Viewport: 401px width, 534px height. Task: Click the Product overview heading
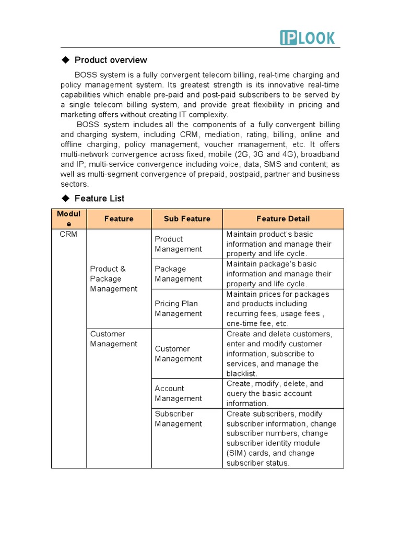[x=111, y=60]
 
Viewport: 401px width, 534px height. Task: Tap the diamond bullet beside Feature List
[x=65, y=198]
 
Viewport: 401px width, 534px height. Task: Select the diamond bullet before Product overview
[x=65, y=60]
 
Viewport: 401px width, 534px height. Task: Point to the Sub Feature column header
[x=187, y=219]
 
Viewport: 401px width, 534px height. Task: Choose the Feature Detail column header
[x=283, y=219]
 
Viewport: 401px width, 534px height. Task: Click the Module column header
[x=69, y=219]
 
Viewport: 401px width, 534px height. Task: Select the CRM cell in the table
[x=68, y=235]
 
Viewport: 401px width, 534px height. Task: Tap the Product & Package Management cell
[x=113, y=279]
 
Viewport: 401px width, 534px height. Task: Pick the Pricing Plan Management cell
[x=178, y=309]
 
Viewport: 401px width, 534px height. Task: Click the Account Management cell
[x=178, y=394]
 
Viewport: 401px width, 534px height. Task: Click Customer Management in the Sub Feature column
[x=178, y=354]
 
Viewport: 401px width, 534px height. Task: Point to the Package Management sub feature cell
[x=178, y=274]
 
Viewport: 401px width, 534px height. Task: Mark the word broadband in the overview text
[x=319, y=154]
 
